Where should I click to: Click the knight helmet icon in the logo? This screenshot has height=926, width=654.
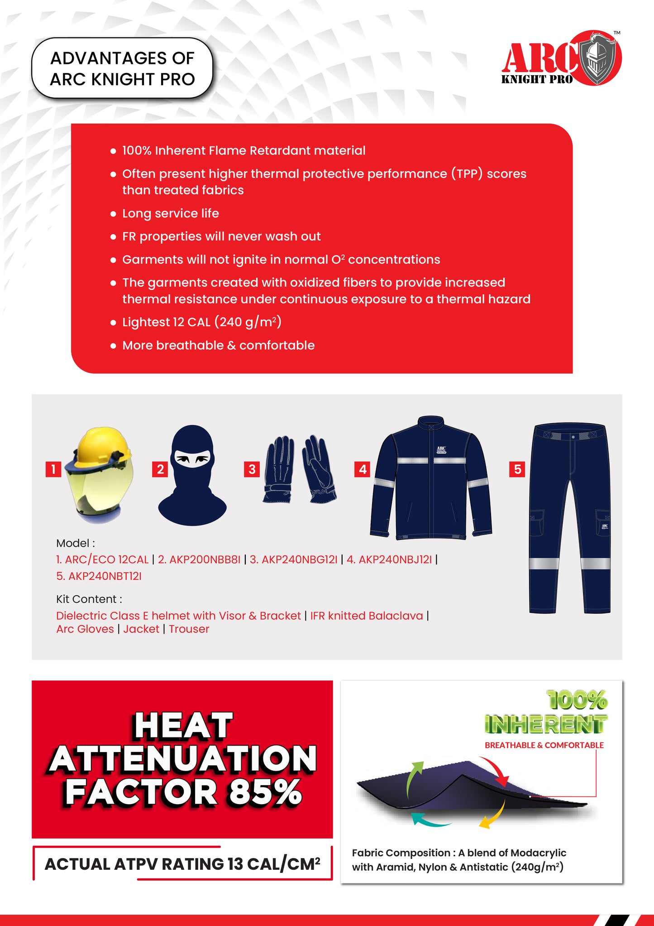coord(598,58)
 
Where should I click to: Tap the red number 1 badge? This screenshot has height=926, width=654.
coord(53,469)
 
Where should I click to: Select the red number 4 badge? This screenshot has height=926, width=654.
coord(363,469)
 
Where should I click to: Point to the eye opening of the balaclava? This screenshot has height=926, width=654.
coord(193,459)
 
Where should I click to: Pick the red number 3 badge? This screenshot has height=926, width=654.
coord(252,469)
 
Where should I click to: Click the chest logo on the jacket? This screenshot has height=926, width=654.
coord(441,449)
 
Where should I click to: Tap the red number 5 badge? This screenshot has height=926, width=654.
coord(517,469)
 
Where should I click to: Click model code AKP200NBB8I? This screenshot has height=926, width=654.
coord(199,559)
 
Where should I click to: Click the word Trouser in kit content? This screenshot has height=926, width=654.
coord(189,629)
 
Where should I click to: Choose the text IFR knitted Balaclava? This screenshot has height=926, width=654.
coord(367,616)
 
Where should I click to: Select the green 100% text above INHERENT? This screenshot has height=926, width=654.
coord(577,700)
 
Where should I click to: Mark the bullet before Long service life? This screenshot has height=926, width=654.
coord(113,213)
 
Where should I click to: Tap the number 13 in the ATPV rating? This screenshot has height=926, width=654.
coord(235,864)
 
